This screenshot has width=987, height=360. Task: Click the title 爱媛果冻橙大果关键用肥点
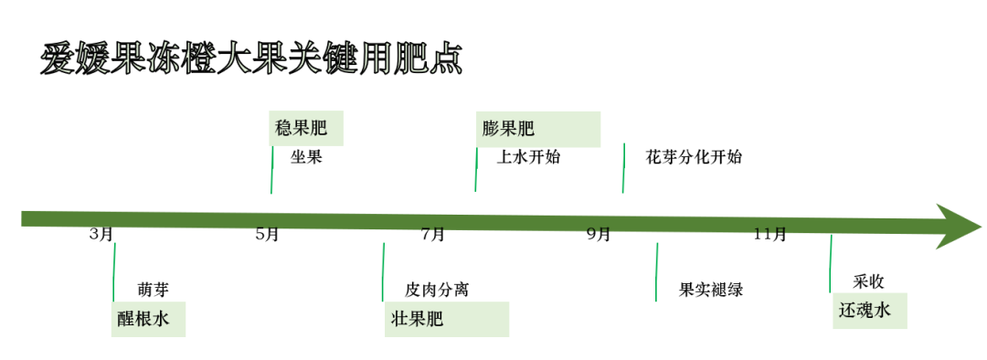coord(251,58)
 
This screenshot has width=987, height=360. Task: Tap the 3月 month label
coord(101,235)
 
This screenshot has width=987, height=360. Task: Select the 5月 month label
coord(267,235)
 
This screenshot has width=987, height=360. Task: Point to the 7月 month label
coord(433,235)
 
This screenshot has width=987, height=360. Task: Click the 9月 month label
coord(599,235)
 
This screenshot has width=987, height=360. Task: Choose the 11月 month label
coord(770,235)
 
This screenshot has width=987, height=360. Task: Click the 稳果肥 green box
coord(307,129)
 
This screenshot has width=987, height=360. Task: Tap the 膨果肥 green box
coord(537,129)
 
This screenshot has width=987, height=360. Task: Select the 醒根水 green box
coord(148,320)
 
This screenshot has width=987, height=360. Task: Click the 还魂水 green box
coord(869,311)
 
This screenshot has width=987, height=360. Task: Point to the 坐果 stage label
coord(307,157)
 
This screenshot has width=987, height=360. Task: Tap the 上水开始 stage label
coord(528,157)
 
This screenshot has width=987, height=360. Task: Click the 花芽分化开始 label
coord(694,157)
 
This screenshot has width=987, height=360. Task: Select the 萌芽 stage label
coord(153,290)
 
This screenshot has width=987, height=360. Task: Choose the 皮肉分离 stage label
coord(437,290)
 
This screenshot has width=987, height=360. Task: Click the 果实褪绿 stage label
coord(711,290)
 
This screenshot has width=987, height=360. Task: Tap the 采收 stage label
coord(868,281)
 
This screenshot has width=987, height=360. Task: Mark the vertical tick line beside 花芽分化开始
coord(623,168)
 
